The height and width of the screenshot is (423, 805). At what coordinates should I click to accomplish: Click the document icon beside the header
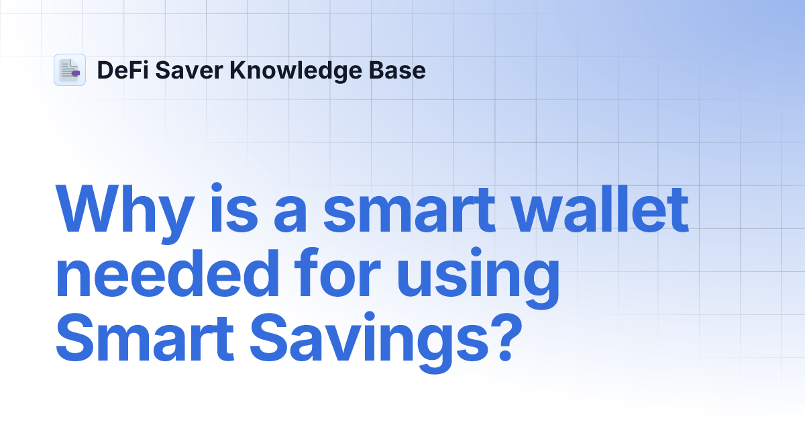tap(69, 70)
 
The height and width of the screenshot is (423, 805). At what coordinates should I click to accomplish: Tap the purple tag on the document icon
tap(75, 72)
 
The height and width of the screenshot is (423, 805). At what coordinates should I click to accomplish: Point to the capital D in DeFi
tap(104, 70)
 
